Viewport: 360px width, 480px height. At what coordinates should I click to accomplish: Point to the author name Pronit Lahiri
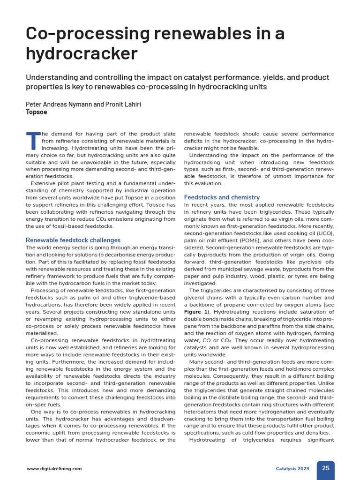124,104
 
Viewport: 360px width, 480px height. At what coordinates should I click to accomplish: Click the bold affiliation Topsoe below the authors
37,112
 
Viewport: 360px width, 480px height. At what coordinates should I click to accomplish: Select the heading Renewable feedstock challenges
73,240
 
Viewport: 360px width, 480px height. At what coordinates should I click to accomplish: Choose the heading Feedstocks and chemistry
222,197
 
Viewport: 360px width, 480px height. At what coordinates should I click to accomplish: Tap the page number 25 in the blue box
325,468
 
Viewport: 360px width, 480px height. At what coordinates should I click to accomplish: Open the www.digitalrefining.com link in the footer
54,468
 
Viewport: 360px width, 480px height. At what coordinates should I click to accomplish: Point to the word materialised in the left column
42,333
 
